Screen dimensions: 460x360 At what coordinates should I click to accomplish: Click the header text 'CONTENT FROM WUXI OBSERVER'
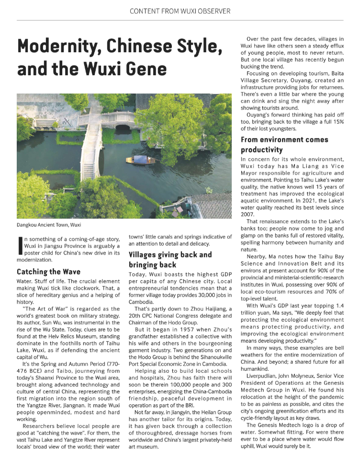pyautogui.click(x=180, y=11)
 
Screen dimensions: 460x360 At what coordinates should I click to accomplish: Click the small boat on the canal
pyautogui.click(x=137, y=160)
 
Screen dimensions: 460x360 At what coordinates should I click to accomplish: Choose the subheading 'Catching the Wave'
pyautogui.click(x=48, y=272)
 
